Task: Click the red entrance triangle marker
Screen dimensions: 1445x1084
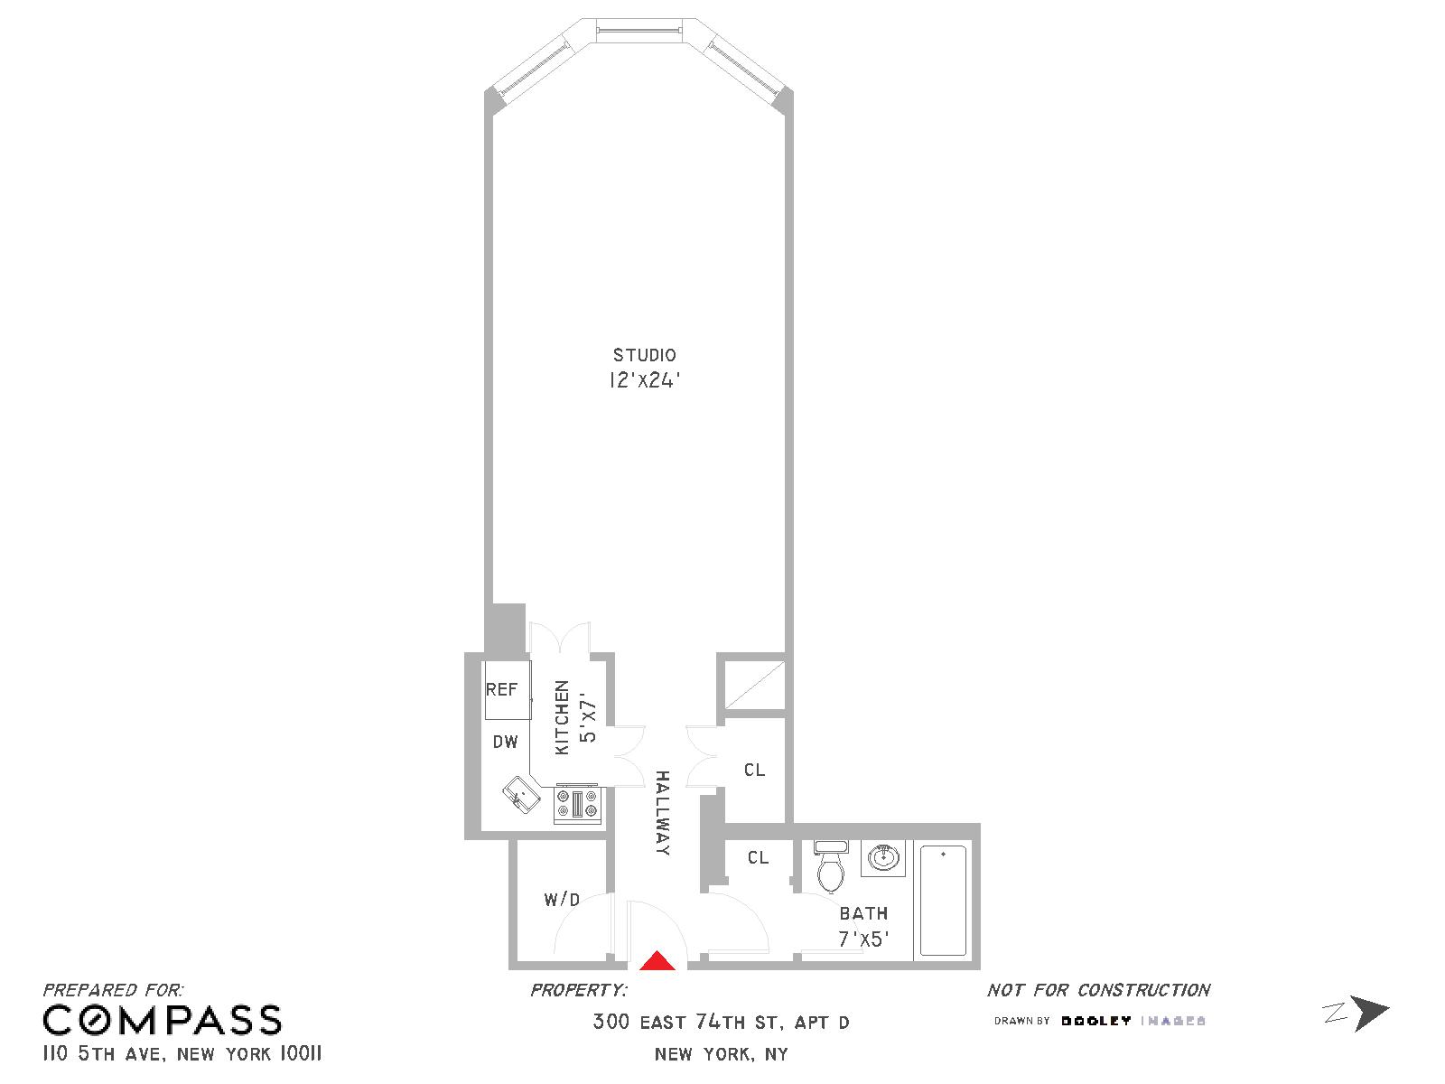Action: pyautogui.click(x=657, y=961)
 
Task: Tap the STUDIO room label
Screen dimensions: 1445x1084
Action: pyautogui.click(x=645, y=355)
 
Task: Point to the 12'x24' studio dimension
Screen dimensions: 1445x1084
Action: pyautogui.click(x=644, y=380)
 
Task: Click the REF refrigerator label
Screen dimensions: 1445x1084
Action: pyautogui.click(x=501, y=689)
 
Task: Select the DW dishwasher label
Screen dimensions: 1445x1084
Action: pyautogui.click(x=506, y=742)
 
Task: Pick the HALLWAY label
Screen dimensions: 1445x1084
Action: pyautogui.click(x=663, y=813)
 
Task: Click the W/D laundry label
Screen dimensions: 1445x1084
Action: pyautogui.click(x=563, y=900)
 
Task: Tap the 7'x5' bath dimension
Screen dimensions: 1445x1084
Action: pyautogui.click(x=864, y=939)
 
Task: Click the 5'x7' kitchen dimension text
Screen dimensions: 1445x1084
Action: pyautogui.click(x=588, y=716)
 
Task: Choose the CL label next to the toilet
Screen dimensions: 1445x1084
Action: pyautogui.click(x=759, y=857)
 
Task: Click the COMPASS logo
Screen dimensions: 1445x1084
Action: pyautogui.click(x=163, y=1021)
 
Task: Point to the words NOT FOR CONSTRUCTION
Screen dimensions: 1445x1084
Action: pyautogui.click(x=1099, y=990)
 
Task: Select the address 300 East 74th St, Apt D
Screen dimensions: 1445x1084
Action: pyautogui.click(x=721, y=1023)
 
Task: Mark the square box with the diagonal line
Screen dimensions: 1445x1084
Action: pyautogui.click(x=754, y=685)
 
